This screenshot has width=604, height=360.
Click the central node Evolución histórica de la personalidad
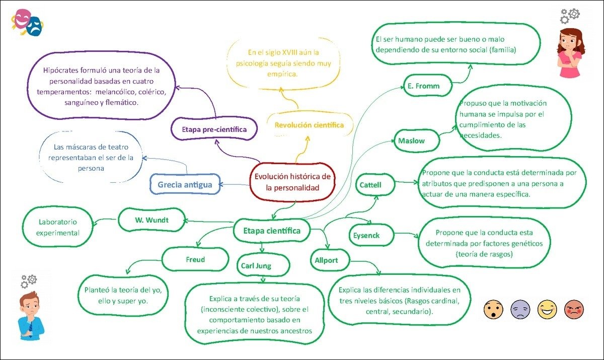pos(292,182)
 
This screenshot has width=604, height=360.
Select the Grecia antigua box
pos(185,185)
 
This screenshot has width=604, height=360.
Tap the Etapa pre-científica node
pos(214,129)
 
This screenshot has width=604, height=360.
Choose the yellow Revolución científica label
pos(309,125)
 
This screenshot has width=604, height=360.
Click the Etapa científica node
pos(272,231)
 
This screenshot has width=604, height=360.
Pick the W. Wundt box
pos(152,220)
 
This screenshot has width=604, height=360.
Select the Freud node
pos(195,260)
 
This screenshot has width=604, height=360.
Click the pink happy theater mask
pos(21,19)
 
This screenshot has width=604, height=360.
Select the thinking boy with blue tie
pos(31,312)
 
